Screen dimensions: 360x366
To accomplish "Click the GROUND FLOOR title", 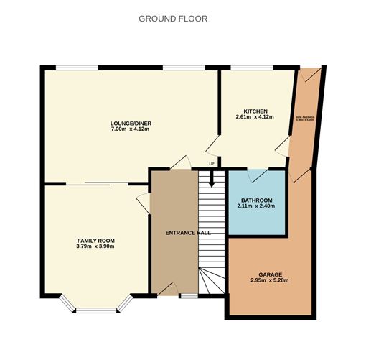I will click(x=173, y=19).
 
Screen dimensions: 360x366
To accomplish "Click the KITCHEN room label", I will click(x=255, y=111).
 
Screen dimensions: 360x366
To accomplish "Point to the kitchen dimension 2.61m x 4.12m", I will click(x=255, y=118).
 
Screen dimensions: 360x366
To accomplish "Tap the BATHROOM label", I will click(x=255, y=199).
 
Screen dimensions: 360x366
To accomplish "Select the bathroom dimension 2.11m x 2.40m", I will click(x=255, y=206).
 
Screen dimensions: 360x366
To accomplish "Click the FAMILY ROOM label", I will click(x=95, y=240).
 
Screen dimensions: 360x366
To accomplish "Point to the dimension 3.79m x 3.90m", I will click(x=95, y=247).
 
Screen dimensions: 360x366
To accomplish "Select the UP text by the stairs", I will click(x=212, y=164).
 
